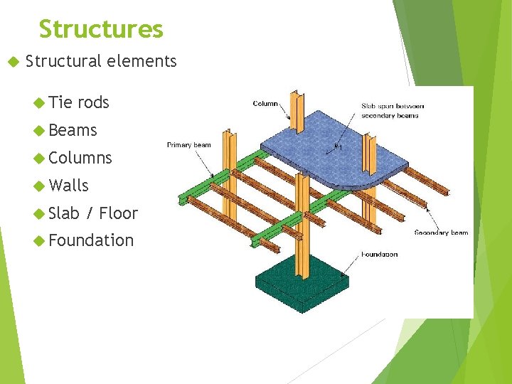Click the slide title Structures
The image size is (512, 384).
[x=101, y=29]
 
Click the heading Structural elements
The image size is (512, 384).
[x=100, y=61]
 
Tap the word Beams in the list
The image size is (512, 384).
[x=73, y=130]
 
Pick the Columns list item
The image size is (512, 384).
[x=80, y=158]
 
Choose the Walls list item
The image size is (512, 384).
[x=69, y=186]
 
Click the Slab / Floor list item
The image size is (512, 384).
[x=93, y=213]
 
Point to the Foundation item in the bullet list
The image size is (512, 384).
[x=91, y=241]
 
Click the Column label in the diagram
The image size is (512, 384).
[x=265, y=104]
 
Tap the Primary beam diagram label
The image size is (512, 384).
[x=188, y=145]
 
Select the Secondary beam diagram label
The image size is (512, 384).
[x=441, y=233]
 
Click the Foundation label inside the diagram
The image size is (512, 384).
[x=379, y=254]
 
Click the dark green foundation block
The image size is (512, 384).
[x=302, y=281]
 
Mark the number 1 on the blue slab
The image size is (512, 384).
[x=340, y=149]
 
